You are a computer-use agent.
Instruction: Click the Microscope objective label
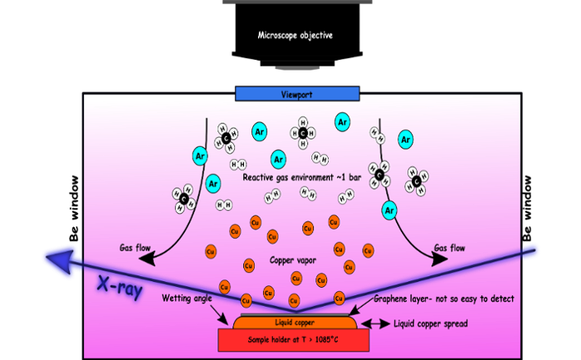pyautogui.click(x=295, y=36)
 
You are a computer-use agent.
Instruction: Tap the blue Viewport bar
pyautogui.click(x=297, y=94)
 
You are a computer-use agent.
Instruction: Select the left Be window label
pyautogui.click(x=75, y=208)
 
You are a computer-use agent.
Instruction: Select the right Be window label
pyautogui.click(x=527, y=208)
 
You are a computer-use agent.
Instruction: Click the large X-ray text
pyautogui.click(x=120, y=286)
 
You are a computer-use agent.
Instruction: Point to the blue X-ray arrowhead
pyautogui.click(x=59, y=261)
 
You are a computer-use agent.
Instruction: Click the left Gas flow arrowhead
pyautogui.click(x=147, y=260)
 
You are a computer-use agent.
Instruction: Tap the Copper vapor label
pyautogui.click(x=293, y=260)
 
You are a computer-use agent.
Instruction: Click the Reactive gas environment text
pyautogui.click(x=301, y=178)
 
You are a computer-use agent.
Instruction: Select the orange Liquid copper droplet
pyautogui.click(x=295, y=322)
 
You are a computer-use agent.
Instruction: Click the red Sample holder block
pyautogui.click(x=294, y=340)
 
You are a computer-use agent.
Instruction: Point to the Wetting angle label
pyautogui.click(x=187, y=298)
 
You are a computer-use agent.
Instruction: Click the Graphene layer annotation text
pyautogui.click(x=444, y=299)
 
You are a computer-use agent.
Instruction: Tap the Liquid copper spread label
pyautogui.click(x=431, y=324)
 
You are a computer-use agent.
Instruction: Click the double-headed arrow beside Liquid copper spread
pyautogui.click(x=375, y=324)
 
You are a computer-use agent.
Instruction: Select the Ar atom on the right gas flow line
pyautogui.click(x=389, y=211)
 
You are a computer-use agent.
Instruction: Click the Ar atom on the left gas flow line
pyautogui.click(x=200, y=156)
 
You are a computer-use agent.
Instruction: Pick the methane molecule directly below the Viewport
pyautogui.click(x=303, y=133)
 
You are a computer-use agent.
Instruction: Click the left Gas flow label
pyautogui.click(x=134, y=248)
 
